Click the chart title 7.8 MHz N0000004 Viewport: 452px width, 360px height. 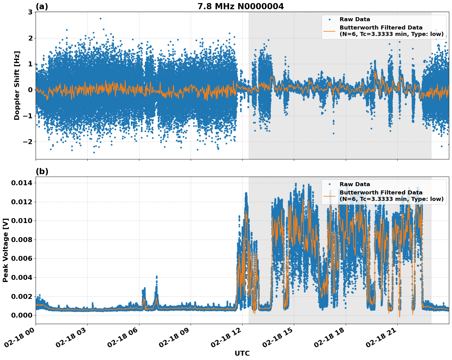pos(240,6)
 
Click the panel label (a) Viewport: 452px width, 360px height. pos(42,6)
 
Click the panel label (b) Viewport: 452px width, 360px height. pos(42,171)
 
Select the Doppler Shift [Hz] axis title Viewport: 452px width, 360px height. pos(17,85)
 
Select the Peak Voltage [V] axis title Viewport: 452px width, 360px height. pos(5,250)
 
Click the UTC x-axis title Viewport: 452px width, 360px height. pos(242,353)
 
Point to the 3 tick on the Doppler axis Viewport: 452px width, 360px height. pos(30,12)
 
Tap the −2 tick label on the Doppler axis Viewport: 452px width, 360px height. pos(27,142)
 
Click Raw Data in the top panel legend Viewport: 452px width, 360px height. pos(355,19)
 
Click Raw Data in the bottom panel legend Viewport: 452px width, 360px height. pos(355,184)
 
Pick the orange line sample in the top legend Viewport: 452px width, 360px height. pos(329,31)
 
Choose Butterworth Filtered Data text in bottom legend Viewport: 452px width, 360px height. pos(381,193)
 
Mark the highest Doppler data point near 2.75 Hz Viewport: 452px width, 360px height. pos(100,18)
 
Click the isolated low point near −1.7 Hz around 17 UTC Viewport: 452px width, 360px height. pos(333,133)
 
